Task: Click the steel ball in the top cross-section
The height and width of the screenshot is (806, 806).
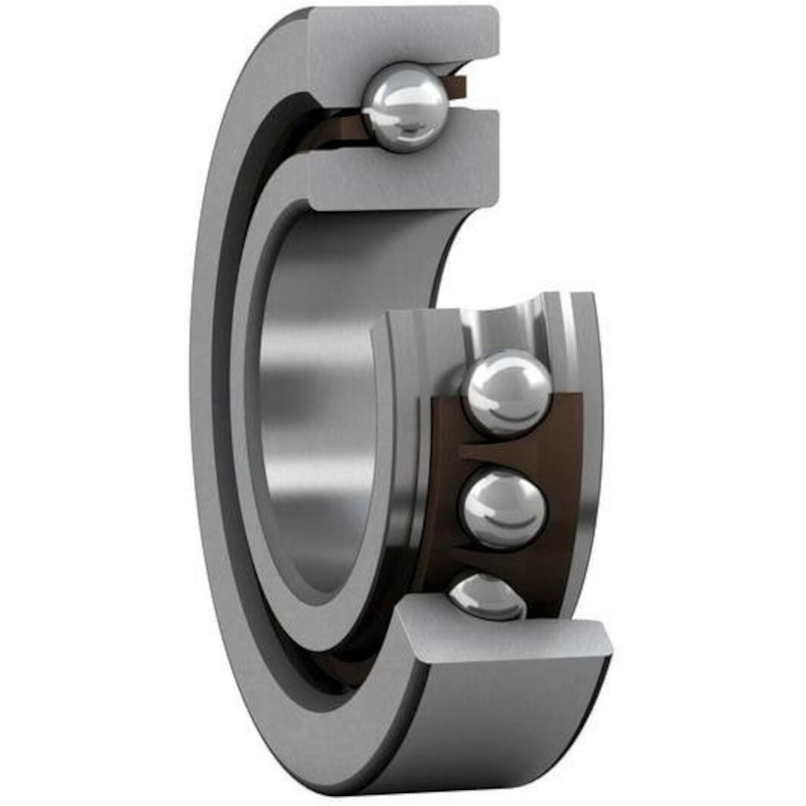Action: (x=405, y=107)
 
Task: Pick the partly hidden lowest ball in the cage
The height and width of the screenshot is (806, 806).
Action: (x=485, y=595)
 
